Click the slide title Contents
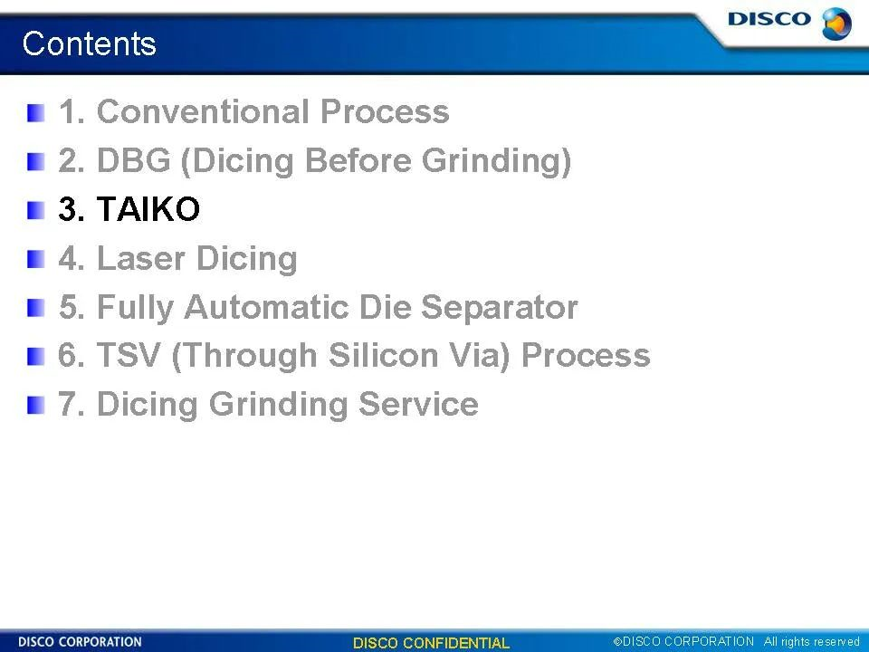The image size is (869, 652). [90, 43]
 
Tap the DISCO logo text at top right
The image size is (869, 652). [769, 19]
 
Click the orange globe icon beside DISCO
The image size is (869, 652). [836, 24]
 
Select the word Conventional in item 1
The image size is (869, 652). [203, 111]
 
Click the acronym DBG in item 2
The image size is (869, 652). [134, 160]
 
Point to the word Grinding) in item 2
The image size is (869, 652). [496, 161]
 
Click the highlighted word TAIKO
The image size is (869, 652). [148, 209]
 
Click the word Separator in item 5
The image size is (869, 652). [500, 307]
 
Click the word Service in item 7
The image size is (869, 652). [418, 404]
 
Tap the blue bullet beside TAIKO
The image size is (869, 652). [35, 211]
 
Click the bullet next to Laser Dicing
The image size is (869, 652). [35, 260]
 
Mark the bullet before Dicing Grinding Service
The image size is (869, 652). [35, 406]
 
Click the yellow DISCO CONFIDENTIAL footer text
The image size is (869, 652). [431, 643]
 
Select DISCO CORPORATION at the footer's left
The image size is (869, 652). [80, 642]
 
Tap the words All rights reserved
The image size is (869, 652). [811, 642]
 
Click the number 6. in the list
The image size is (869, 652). [72, 355]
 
